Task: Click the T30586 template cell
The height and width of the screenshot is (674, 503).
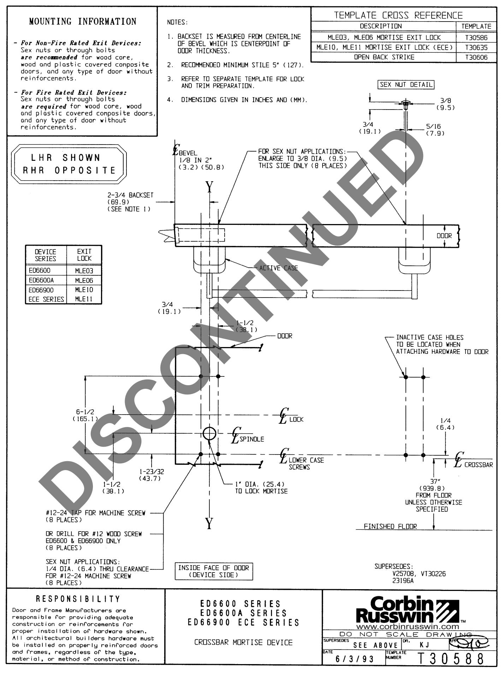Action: tap(476, 37)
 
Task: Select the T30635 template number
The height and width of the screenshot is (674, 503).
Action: tap(476, 47)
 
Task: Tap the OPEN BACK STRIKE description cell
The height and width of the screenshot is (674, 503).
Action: tap(384, 57)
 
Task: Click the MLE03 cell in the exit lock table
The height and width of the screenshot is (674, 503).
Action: tap(84, 271)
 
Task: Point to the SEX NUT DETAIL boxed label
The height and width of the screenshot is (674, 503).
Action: tap(406, 85)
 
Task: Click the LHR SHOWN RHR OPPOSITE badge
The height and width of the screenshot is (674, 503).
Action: tap(69, 164)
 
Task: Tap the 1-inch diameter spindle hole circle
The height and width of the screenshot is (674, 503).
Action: tap(209, 433)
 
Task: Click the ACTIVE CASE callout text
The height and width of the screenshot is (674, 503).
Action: tap(278, 268)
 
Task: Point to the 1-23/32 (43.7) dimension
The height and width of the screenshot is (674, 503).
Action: tap(152, 475)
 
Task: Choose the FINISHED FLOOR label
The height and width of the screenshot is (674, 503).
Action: tap(390, 527)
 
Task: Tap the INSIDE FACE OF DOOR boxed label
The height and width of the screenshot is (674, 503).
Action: tap(213, 571)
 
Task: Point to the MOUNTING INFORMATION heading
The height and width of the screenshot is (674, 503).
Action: tap(83, 22)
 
